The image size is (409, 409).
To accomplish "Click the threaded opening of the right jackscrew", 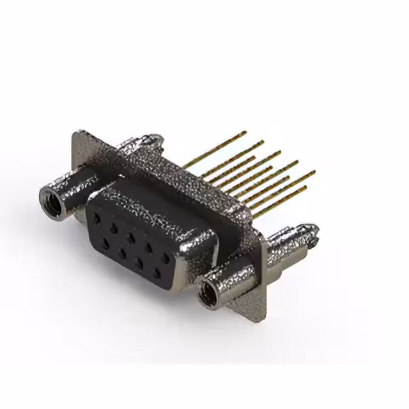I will tap(207, 296).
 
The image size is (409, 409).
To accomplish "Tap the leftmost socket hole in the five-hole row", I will tap(96, 218).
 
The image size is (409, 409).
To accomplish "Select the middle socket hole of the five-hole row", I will tap(131, 238).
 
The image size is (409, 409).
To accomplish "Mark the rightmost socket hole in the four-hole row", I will tap(157, 274).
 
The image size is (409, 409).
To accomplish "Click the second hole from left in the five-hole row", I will tap(114, 228).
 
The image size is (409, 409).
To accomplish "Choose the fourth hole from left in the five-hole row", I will tap(148, 248).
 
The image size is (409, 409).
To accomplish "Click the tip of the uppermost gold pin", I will tap(245, 132).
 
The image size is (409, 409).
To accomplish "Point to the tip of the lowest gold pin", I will tap(305, 187).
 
